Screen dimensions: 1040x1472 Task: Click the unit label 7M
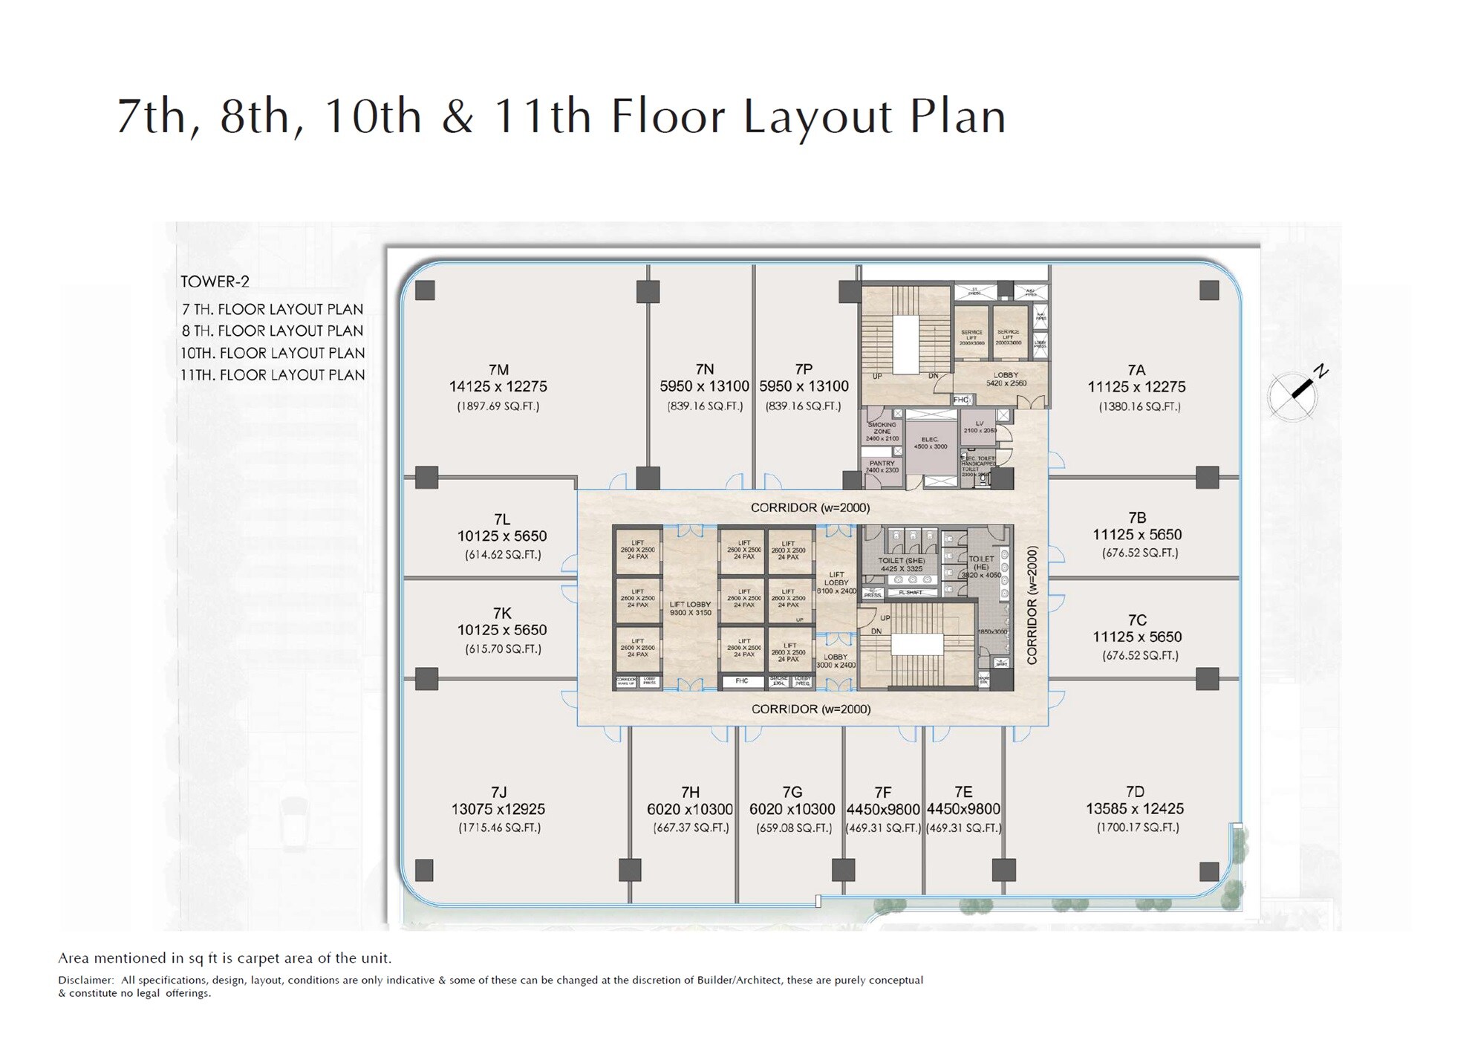(x=498, y=370)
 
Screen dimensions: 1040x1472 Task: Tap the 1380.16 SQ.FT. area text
(x=1139, y=406)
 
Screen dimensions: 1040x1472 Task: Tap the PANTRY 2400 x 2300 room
(x=882, y=467)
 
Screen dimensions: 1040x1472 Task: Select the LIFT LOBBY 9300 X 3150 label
(x=690, y=608)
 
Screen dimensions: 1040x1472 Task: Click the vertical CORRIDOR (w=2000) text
(x=1032, y=605)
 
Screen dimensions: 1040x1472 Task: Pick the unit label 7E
(x=963, y=792)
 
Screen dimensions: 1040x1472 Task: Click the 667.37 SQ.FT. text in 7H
(x=691, y=828)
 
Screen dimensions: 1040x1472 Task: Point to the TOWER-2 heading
(x=215, y=282)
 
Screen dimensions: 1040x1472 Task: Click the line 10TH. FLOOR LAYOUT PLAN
(x=273, y=353)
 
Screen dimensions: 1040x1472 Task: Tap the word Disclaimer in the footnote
(x=85, y=981)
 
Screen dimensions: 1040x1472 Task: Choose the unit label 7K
(x=502, y=613)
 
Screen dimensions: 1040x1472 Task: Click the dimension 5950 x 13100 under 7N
(x=705, y=386)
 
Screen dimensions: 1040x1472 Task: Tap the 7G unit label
(x=792, y=792)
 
